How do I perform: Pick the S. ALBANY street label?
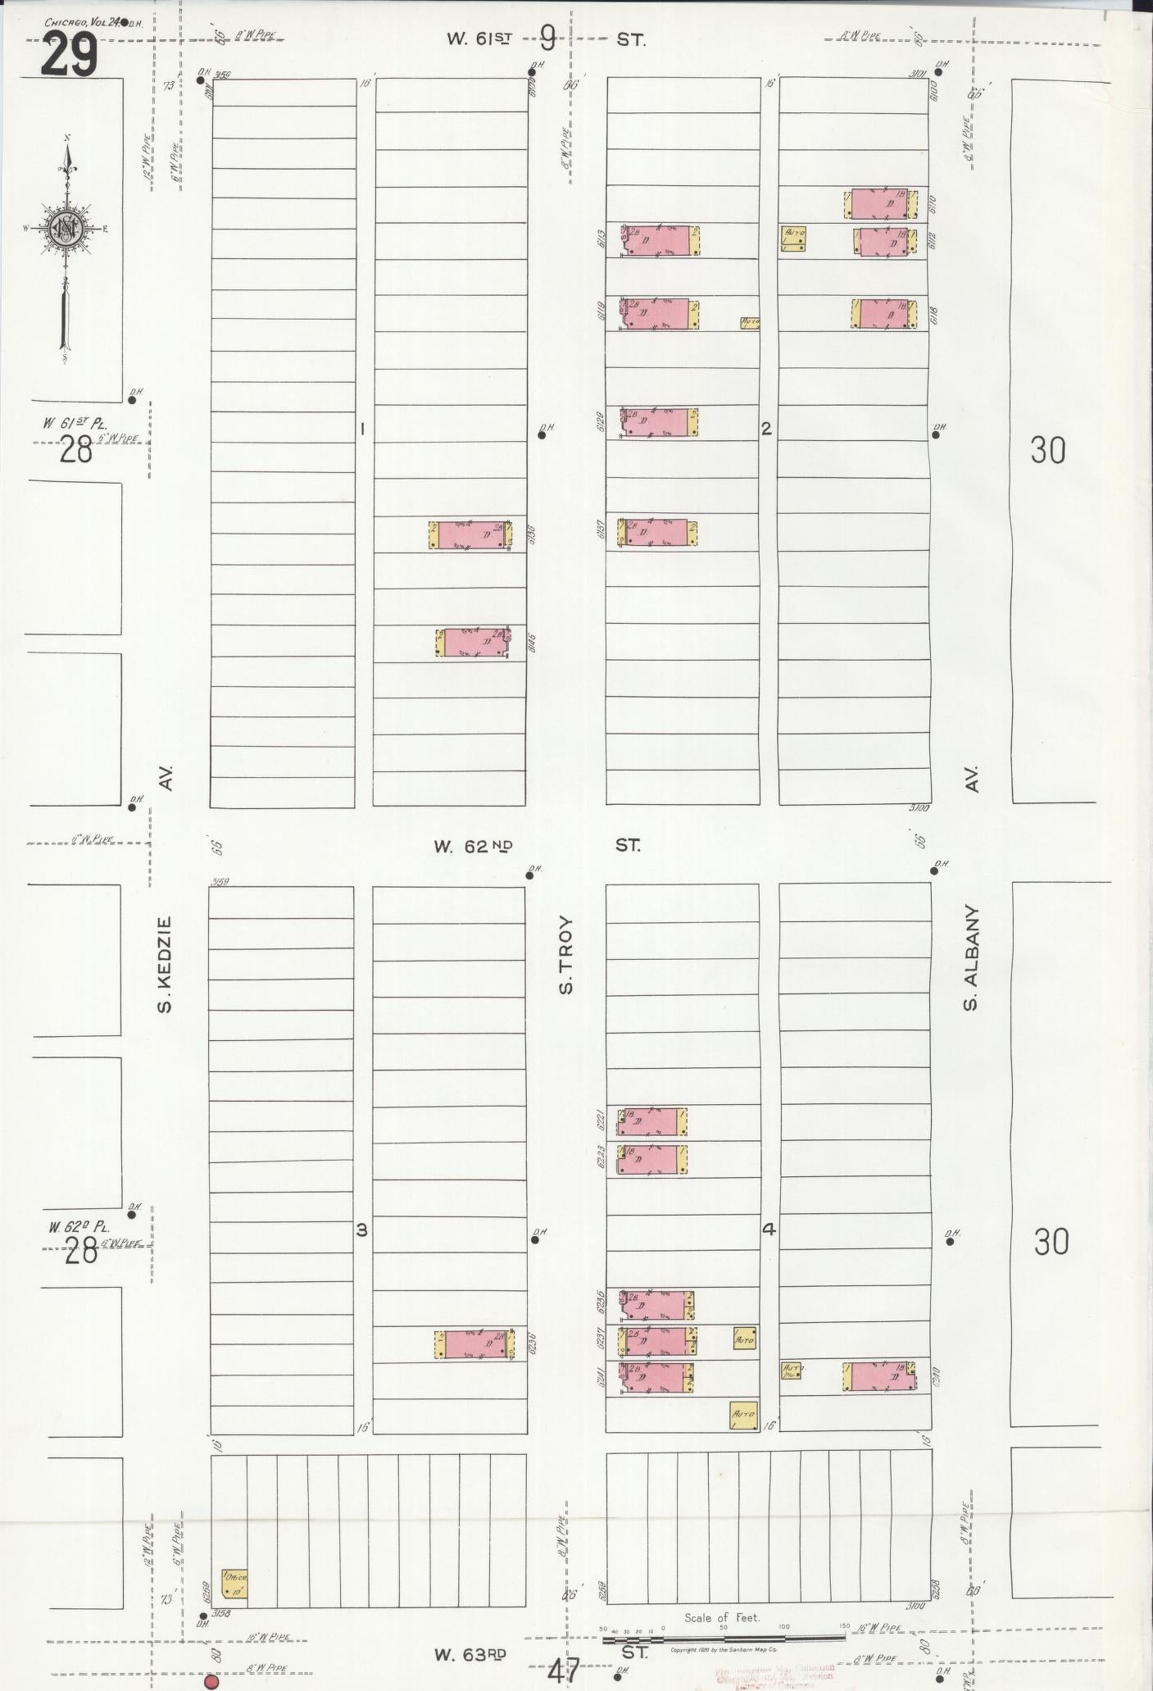click(x=972, y=957)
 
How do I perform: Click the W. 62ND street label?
click(x=473, y=847)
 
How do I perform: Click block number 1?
click(x=362, y=428)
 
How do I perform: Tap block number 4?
click(x=768, y=1229)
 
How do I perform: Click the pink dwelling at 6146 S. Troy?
click(x=474, y=642)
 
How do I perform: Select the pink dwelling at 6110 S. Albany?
click(x=879, y=203)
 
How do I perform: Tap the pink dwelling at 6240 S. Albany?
click(x=878, y=1376)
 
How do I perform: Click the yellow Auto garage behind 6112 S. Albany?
click(x=793, y=238)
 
